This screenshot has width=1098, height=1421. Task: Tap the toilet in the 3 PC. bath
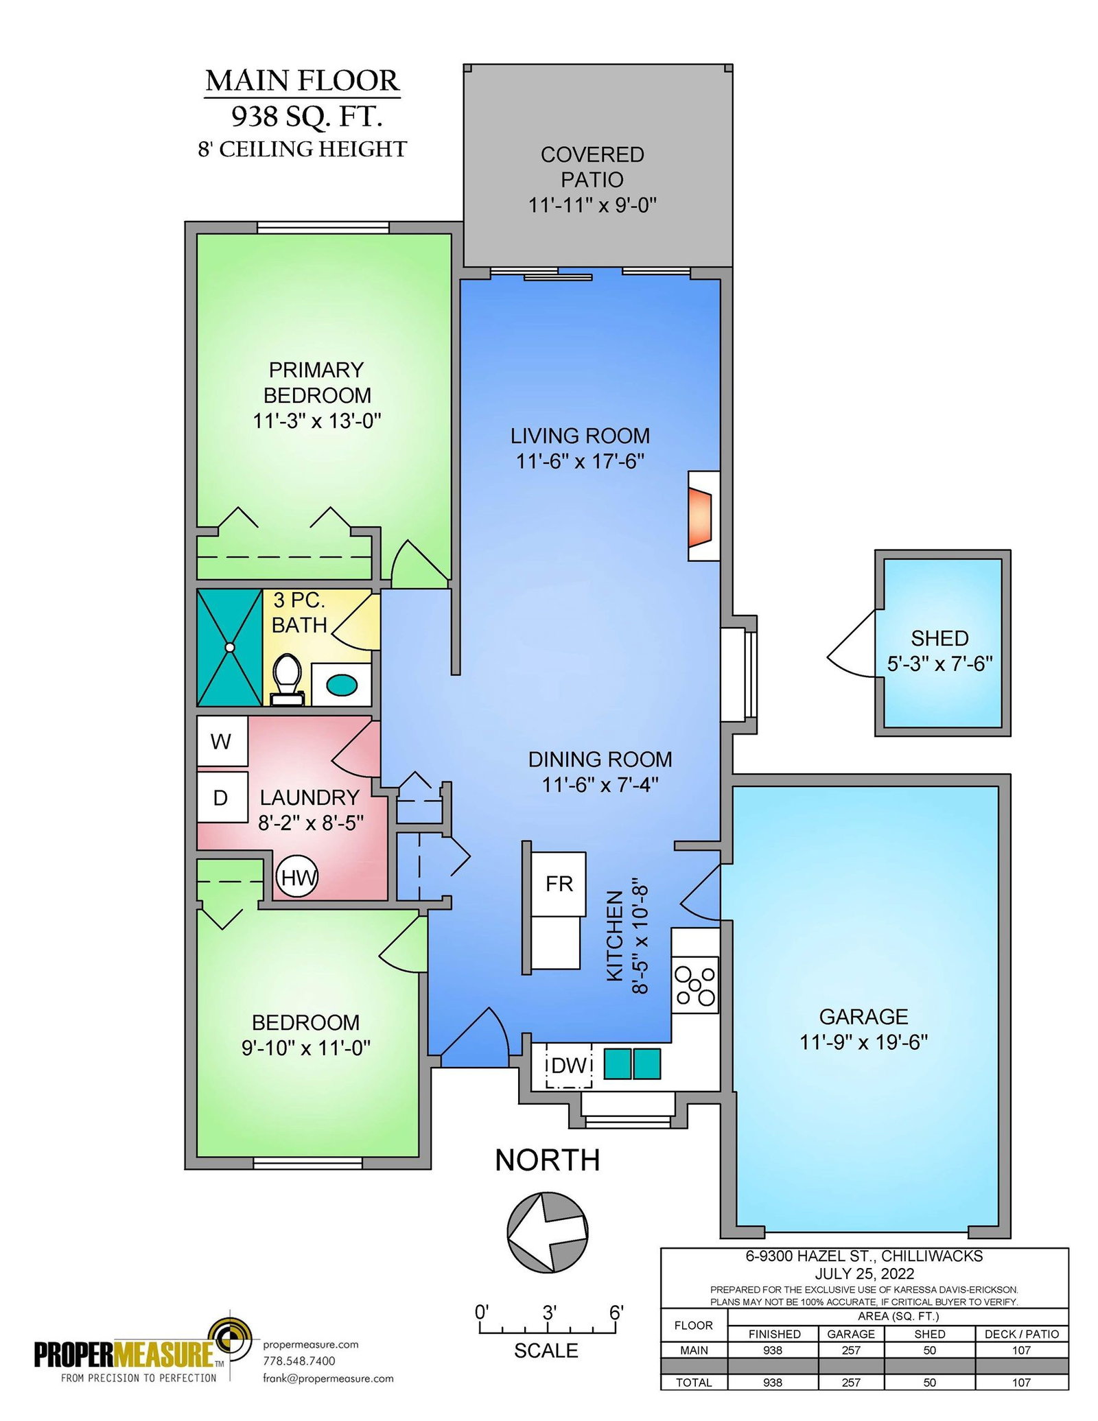pos(288,680)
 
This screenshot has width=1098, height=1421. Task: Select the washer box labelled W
pos(222,741)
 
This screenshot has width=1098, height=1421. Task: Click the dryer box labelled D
pos(222,797)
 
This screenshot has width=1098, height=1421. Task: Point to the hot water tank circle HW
pos(297,877)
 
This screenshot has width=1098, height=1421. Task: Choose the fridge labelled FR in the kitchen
pos(559,884)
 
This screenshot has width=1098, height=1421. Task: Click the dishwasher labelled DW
pos(568,1066)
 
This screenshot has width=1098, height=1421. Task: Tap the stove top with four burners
pos(695,985)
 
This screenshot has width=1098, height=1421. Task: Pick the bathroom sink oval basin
pos(341,684)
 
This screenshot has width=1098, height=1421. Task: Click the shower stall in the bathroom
pos(230,647)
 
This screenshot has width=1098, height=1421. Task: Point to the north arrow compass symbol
pos(548,1231)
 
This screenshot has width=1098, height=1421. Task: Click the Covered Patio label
pos(592,167)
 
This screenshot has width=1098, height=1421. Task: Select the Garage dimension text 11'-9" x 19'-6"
pos(863,1042)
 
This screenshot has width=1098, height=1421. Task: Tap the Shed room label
pos(939,638)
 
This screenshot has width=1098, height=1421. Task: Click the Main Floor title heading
pos(302,81)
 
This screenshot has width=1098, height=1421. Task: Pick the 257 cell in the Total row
pos(851,1382)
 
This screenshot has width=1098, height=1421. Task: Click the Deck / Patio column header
pos(1022,1334)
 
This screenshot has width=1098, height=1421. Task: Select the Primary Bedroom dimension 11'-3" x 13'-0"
pos(317,420)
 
